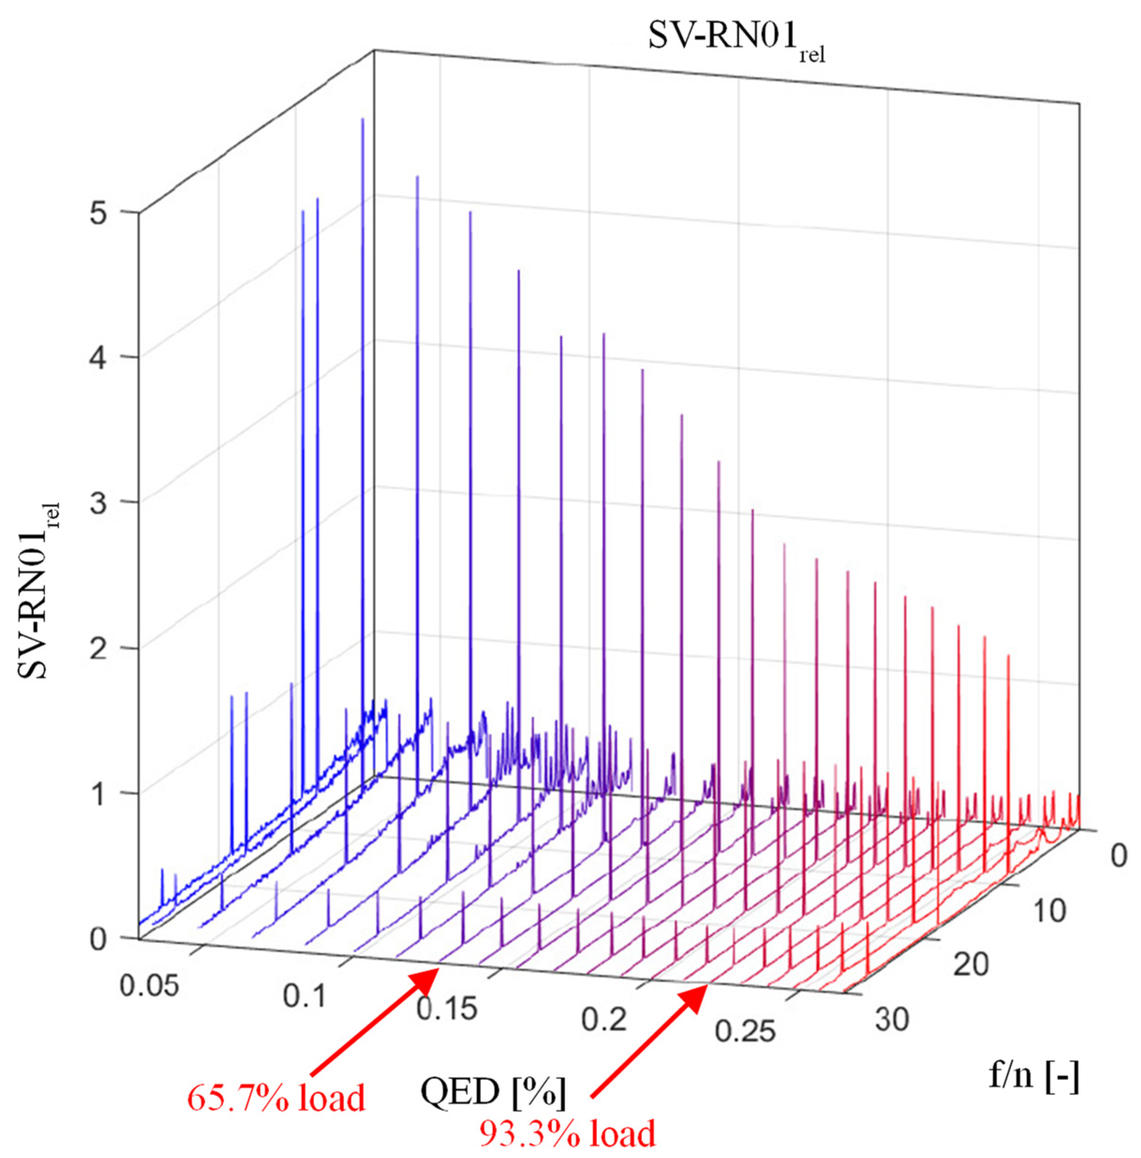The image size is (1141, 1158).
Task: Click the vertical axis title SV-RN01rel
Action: [x=39, y=590]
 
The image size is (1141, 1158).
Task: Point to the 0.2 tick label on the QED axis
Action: [x=604, y=1019]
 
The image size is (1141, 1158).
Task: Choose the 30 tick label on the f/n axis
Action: [x=892, y=1019]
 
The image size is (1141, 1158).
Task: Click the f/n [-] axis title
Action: [x=1034, y=1076]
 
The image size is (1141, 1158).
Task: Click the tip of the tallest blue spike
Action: [x=363, y=119]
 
